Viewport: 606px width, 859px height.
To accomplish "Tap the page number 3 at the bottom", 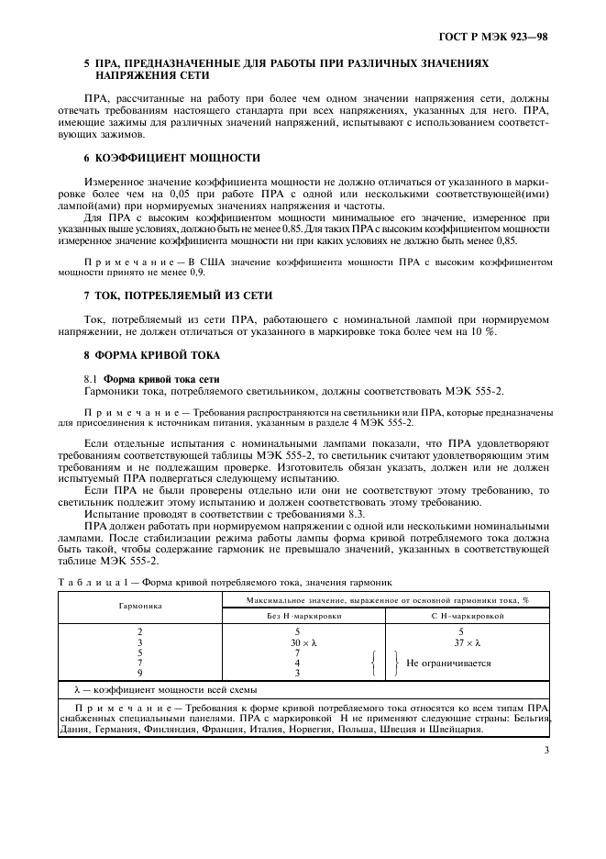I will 545,751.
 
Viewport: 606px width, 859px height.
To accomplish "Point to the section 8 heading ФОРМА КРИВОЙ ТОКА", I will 156,353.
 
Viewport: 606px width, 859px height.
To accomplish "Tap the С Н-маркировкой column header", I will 467,616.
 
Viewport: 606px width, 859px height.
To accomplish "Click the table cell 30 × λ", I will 297,643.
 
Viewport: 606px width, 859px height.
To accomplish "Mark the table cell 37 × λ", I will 467,643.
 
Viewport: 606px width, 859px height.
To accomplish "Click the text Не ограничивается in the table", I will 448,663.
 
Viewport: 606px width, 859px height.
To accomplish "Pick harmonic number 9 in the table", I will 140,673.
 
